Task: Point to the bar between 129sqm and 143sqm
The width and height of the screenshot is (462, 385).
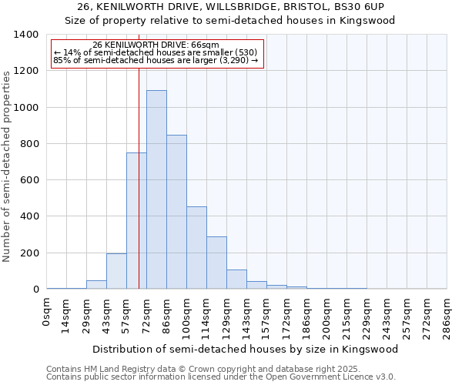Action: tap(236, 280)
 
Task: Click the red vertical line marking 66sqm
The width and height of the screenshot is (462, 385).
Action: tap(139, 169)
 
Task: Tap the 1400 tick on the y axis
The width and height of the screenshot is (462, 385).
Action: tap(25, 35)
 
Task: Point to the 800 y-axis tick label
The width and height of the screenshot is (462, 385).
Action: tap(28, 144)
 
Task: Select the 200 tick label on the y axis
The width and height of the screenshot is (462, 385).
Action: tap(28, 253)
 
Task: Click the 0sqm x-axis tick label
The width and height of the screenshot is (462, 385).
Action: tap(47, 314)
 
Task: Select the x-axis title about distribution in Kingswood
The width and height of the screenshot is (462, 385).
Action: tap(246, 349)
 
